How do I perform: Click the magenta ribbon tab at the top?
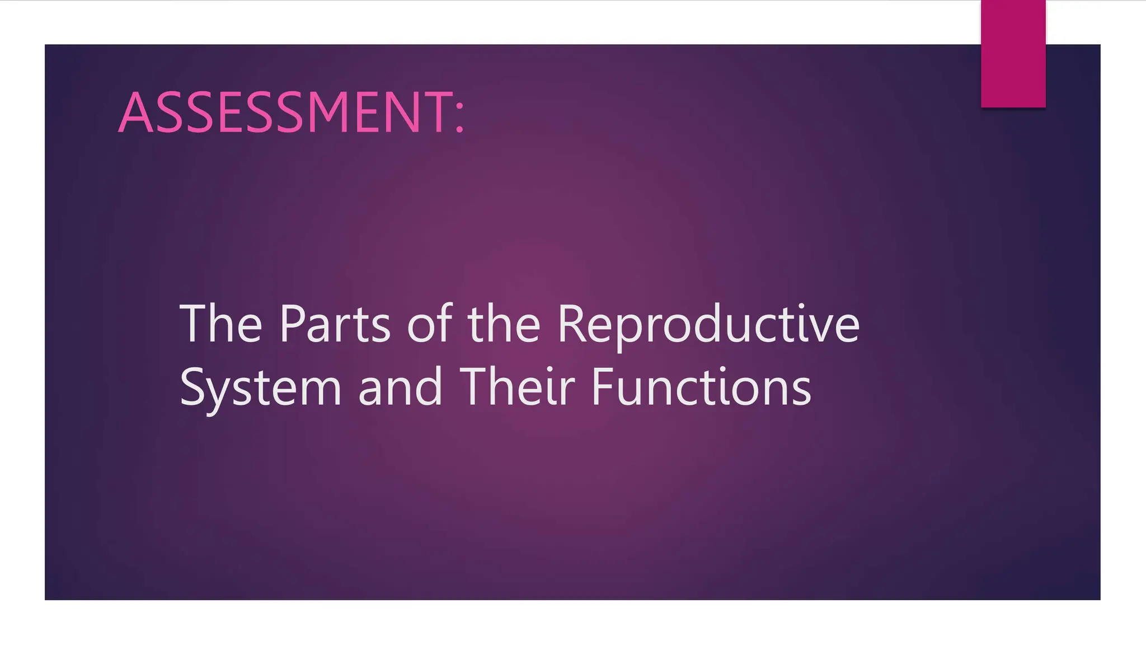1013,54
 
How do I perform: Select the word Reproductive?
708,325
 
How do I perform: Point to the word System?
260,387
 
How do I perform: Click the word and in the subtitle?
400,387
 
